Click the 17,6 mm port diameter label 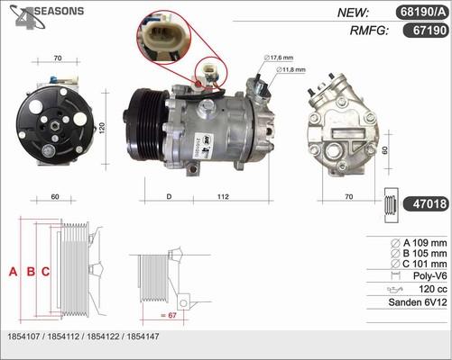click(286, 58)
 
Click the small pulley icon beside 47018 click(389, 205)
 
